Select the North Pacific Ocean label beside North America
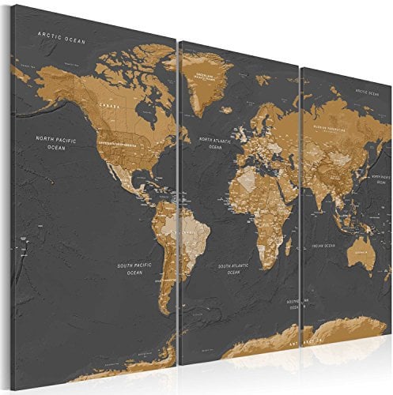click(x=55, y=142)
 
